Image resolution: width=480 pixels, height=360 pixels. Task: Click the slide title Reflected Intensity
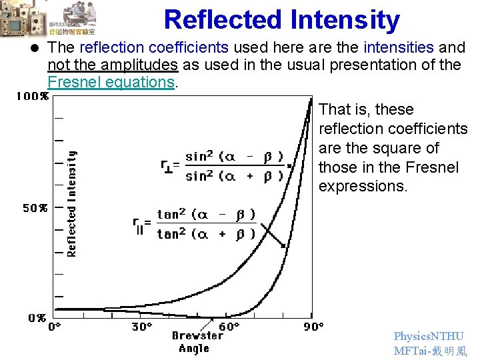coord(281,20)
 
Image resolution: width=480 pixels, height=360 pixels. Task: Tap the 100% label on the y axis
coord(32,96)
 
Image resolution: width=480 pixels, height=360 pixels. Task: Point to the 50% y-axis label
coord(35,208)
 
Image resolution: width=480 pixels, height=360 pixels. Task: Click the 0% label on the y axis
coord(37,318)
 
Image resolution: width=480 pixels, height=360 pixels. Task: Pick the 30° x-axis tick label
coord(141,327)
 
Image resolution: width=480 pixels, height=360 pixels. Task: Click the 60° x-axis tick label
coord(229,327)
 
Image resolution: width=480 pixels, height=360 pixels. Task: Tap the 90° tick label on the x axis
coord(313,327)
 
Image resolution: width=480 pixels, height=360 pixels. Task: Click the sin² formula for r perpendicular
coord(223,166)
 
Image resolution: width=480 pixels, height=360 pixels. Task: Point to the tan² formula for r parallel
coord(196,224)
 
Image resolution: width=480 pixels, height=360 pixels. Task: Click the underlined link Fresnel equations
coord(111,82)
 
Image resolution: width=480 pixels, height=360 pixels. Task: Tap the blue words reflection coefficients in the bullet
coord(153,47)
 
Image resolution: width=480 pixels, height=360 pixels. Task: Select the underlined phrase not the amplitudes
coord(113,65)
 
